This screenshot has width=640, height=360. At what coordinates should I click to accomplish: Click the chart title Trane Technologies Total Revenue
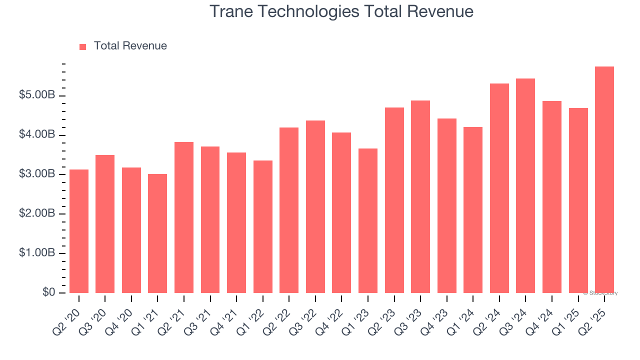[341, 11]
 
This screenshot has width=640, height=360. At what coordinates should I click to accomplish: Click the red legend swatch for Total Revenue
[83, 46]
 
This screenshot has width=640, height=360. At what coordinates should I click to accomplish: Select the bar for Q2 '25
[604, 179]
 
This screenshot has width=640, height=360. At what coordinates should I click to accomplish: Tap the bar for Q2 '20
[79, 231]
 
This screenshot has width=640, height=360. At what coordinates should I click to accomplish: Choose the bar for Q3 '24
[525, 185]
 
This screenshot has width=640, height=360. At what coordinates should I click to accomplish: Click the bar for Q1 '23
[368, 220]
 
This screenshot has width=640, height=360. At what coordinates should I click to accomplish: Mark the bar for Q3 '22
[315, 206]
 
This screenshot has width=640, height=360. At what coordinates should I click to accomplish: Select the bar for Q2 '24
[499, 188]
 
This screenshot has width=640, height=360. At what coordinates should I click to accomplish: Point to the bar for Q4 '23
[446, 205]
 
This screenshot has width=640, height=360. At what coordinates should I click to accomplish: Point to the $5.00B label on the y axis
[37, 95]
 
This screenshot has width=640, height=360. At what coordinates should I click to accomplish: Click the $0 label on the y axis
[48, 292]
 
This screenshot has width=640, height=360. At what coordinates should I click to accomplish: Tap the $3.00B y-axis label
[37, 174]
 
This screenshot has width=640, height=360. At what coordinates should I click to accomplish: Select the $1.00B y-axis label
[37, 253]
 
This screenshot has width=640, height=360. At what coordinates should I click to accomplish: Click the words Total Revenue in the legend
[130, 46]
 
